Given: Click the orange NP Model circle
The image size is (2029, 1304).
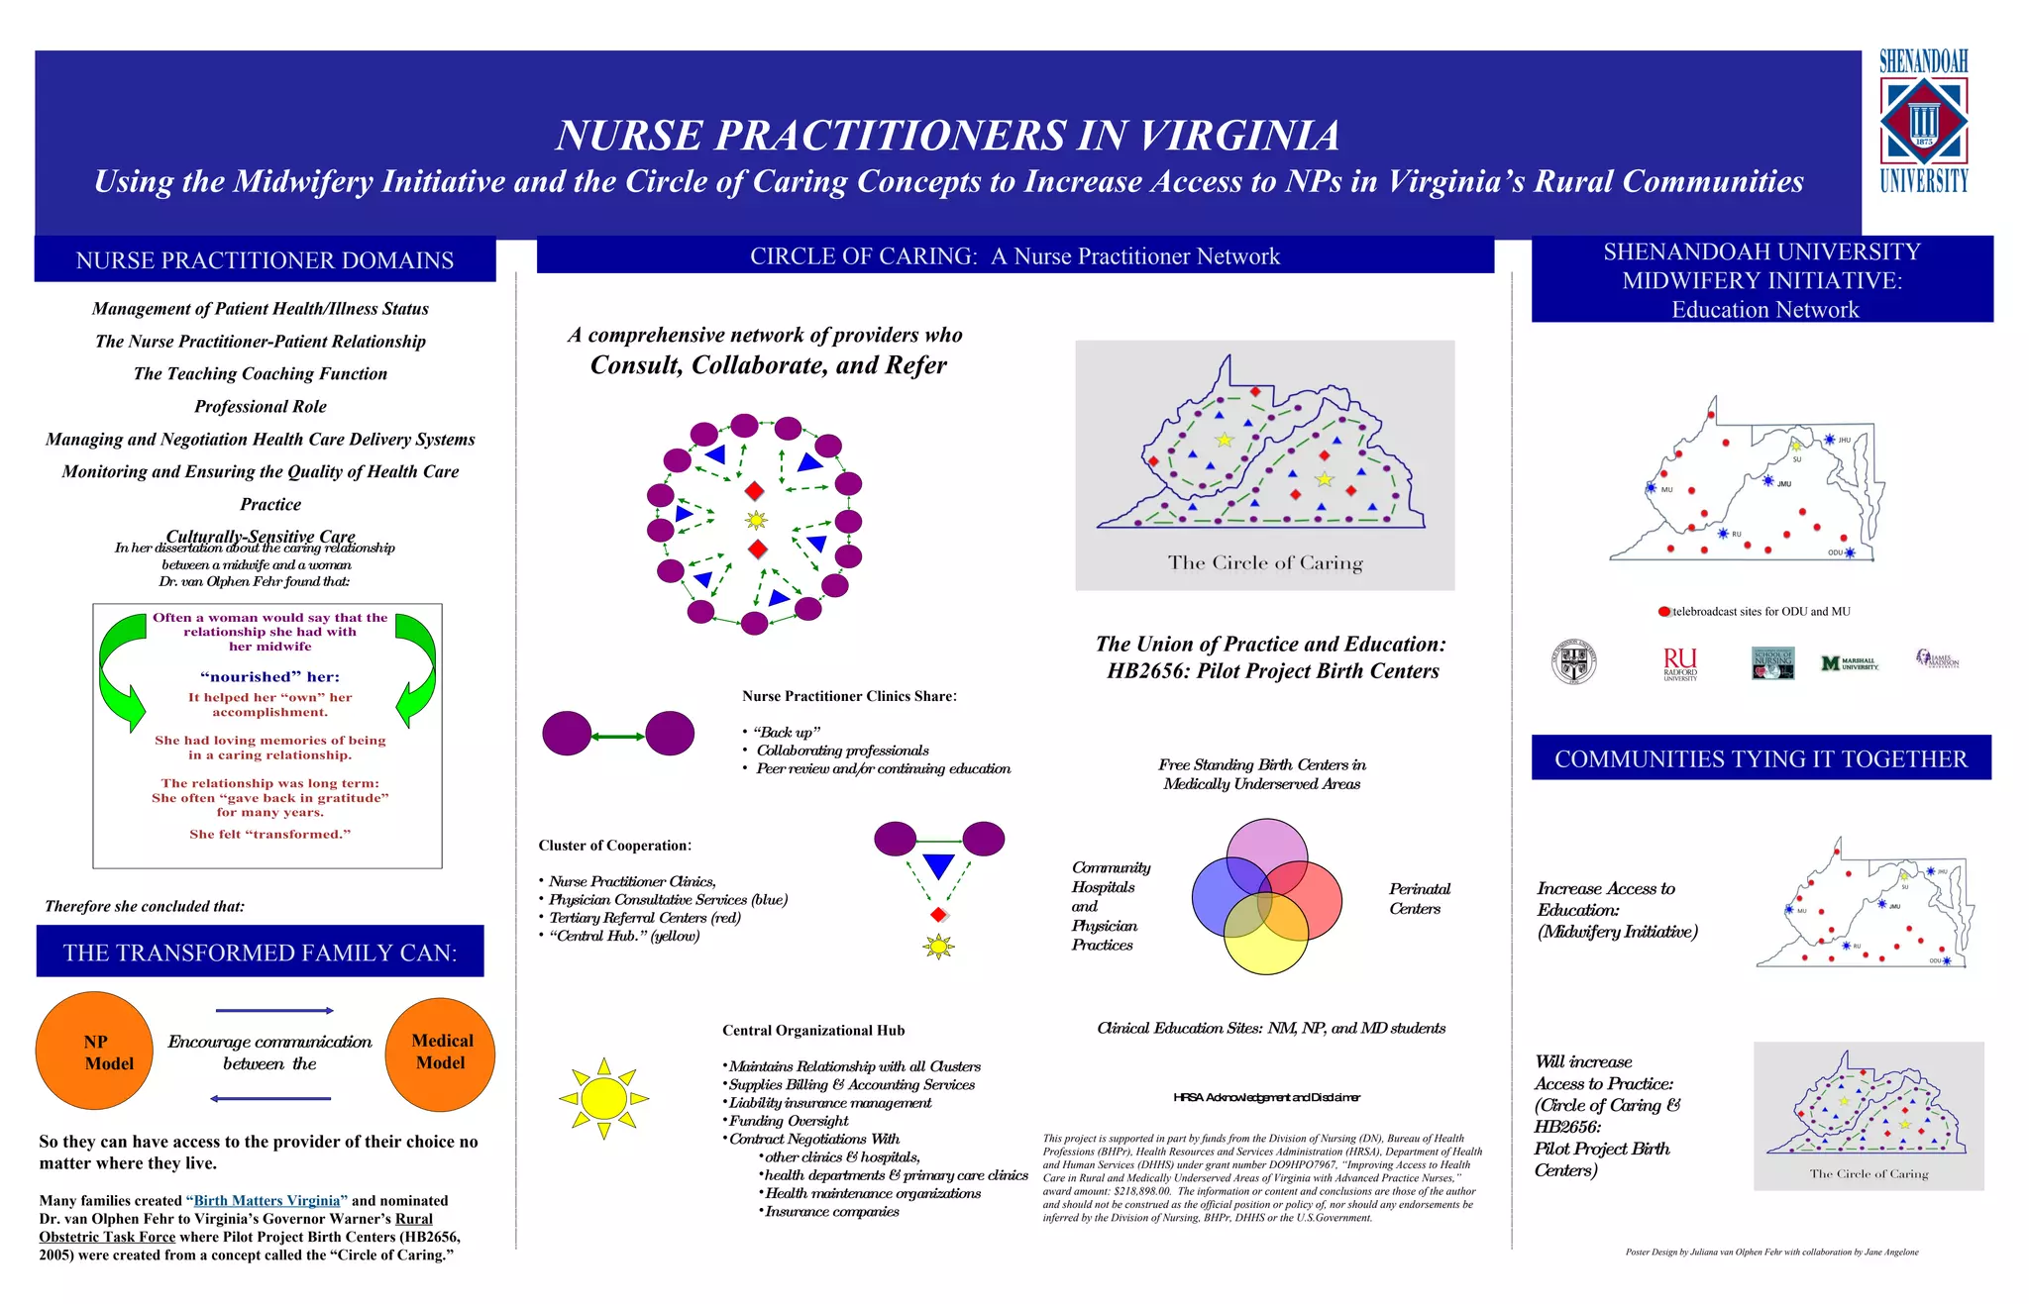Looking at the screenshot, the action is coord(94,1052).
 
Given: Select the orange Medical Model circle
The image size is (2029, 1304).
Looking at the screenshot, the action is coord(440,1052).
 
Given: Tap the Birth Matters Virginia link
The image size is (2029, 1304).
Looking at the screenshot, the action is coord(267,1201).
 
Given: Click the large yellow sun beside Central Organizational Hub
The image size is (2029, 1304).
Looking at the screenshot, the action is coord(603,1098).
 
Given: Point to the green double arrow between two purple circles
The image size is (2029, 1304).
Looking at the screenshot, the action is coord(618,736).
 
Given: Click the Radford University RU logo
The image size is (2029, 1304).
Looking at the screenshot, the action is coord(1680,662).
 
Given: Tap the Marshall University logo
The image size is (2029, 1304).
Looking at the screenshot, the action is coord(1849,663).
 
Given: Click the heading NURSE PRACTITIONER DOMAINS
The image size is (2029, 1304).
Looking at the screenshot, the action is coord(265,260).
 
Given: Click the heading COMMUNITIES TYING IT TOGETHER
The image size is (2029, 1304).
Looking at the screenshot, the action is coord(1761,758).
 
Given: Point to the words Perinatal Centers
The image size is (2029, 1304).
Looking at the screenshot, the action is coord(1419,899).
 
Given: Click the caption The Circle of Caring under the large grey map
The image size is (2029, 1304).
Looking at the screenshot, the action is coord(1264,563).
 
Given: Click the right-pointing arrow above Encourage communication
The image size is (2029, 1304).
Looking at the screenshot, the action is coord(274,1011).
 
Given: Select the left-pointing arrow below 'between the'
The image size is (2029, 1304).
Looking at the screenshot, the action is coord(270,1098).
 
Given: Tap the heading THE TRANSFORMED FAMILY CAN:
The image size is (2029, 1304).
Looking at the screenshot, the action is coord(260,953).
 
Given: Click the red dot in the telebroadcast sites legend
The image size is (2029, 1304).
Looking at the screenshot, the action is coord(1664,612).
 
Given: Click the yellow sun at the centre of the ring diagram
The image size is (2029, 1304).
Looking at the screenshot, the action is coord(756,520).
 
